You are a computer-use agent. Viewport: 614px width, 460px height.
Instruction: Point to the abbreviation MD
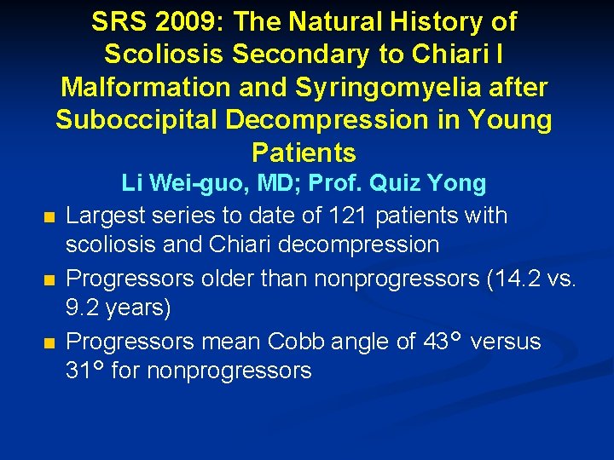[x=254, y=183]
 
